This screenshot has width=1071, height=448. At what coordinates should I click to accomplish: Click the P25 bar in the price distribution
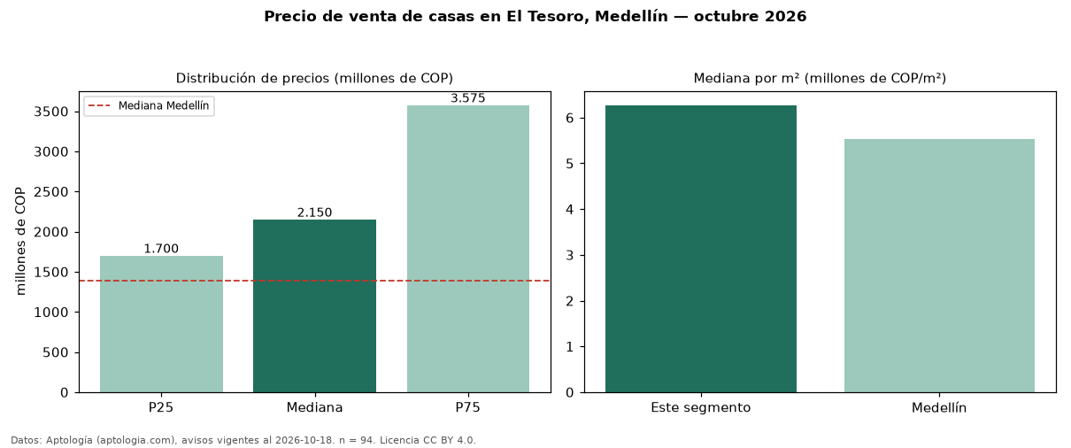pos(161,324)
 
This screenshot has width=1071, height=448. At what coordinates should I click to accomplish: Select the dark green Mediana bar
pos(314,306)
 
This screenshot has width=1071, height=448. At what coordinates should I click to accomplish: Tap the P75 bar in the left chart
pos(468,249)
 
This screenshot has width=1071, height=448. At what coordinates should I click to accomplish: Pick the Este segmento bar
pos(701,249)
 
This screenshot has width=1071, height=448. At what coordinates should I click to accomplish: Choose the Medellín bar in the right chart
pos(939,266)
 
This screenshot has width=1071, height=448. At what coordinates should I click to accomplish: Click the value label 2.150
pos(314,212)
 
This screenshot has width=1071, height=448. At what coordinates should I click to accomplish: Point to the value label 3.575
pos(468,98)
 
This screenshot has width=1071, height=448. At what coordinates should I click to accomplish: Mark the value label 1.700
pos(161,249)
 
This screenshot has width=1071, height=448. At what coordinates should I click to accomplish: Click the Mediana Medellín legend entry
pos(150,105)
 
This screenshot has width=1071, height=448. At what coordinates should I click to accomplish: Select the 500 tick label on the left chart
pos(56,352)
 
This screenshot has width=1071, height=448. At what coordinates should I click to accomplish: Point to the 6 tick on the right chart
pos(569,118)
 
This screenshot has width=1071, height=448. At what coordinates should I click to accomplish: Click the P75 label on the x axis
pos(467,407)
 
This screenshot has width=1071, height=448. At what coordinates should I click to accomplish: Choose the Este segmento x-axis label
pos(701,408)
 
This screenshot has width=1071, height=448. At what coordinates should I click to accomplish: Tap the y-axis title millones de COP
pos(20,241)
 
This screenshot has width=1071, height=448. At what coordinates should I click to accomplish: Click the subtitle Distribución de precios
pos(253,78)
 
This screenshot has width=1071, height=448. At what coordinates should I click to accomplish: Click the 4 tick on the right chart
pos(569,210)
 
